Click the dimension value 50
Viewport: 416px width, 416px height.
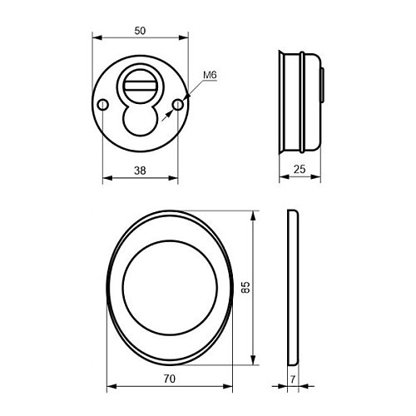140,30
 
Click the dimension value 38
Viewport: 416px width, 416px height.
140,170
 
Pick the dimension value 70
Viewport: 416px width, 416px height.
170,379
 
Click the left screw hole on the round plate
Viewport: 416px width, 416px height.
102,105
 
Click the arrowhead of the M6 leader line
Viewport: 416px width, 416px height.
183,100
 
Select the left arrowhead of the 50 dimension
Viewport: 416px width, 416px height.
94,37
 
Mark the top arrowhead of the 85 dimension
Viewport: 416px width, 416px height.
253,214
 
